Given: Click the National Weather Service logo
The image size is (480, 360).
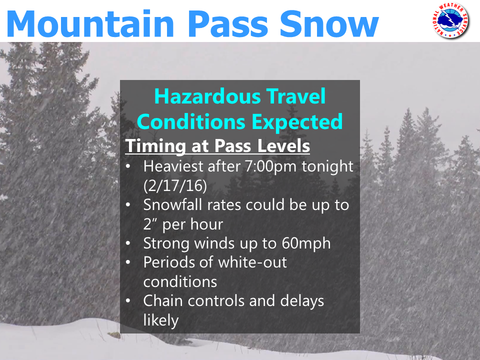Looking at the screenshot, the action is coord(450,21).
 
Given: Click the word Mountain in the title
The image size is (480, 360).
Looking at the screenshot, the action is coord(90,23).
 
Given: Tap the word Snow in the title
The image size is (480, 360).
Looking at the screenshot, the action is coord(329,24).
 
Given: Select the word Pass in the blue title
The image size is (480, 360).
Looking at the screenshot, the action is coord(228,24).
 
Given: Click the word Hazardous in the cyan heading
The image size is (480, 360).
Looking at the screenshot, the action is coord(207,96).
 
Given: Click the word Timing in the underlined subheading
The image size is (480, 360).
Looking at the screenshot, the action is coord(156,146).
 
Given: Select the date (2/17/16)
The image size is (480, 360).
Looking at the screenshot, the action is coord(175,185).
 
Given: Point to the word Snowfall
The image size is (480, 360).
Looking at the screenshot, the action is coord(172,204).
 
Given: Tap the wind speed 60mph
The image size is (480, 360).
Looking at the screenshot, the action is coord(306,243).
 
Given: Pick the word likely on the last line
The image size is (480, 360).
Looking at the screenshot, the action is coord(161,320).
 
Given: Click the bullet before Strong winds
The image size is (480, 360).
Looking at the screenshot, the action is coord(128,243).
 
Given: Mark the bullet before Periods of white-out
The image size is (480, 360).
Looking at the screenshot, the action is coord(128,262).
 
